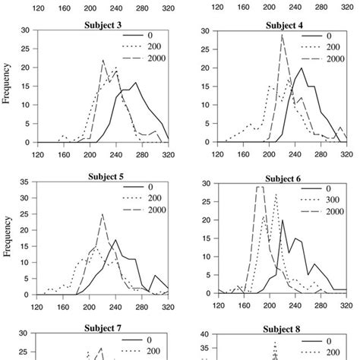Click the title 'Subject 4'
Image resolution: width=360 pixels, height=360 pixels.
284,24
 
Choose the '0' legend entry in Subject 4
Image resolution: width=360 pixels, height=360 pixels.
327,34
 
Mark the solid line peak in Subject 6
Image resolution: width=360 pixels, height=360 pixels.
283,220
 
